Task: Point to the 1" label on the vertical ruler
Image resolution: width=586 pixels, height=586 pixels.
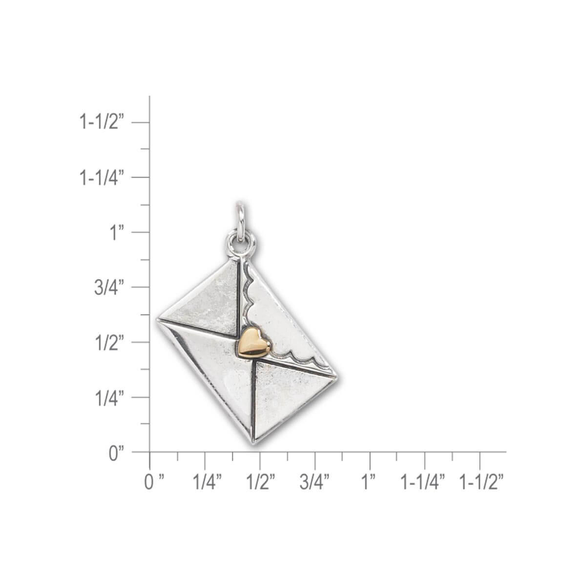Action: [x=116, y=232]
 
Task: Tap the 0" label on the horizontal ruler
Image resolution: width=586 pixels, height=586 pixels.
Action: [x=153, y=482]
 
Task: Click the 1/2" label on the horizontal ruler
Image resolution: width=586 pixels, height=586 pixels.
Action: [x=261, y=482]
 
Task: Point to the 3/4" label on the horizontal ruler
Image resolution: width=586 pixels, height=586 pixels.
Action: [x=315, y=482]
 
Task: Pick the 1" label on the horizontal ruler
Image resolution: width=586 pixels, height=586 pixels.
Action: [x=370, y=482]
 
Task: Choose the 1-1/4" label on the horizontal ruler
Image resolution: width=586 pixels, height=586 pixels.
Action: [x=423, y=482]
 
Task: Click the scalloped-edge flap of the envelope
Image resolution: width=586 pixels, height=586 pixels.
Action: [x=288, y=322]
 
